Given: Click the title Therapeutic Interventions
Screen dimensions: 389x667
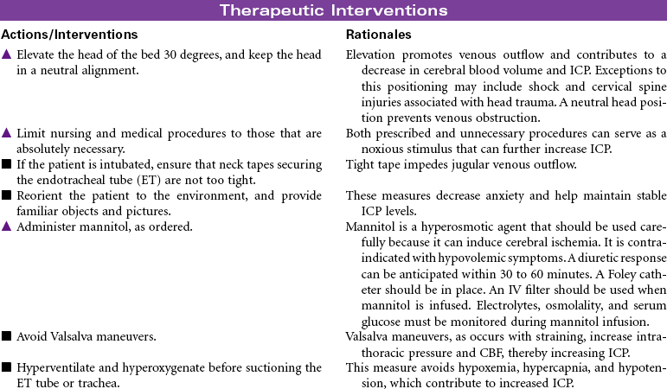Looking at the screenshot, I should [333, 10].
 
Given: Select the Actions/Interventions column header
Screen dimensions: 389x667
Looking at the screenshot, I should [69, 35].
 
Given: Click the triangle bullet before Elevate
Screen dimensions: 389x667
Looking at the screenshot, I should [6, 54].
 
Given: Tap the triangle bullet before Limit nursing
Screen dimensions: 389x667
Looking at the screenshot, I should [6, 133].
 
